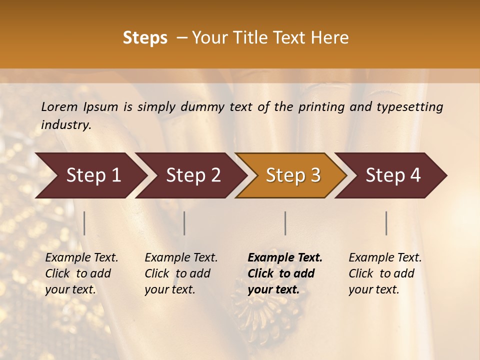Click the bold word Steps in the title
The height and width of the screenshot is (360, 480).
(x=145, y=38)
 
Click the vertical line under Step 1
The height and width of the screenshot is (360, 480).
(x=84, y=223)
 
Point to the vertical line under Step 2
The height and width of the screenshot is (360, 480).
(x=184, y=223)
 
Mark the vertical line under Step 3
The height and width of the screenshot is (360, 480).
(x=285, y=223)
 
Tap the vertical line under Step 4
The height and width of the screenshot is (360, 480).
(x=386, y=223)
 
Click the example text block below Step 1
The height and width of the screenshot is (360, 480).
(x=81, y=273)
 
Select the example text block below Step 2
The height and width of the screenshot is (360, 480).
(x=181, y=273)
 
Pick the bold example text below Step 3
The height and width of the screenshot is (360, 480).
(x=285, y=273)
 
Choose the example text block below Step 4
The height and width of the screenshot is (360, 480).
(x=385, y=273)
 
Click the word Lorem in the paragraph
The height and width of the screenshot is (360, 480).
(x=59, y=106)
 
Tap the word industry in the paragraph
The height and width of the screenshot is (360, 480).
(x=66, y=125)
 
